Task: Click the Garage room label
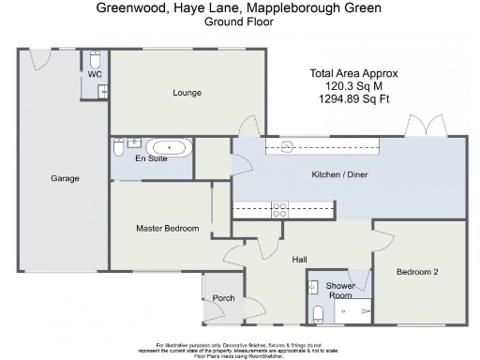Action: (65, 178)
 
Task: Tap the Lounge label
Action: (187, 92)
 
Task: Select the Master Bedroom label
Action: (167, 228)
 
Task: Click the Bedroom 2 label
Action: (417, 272)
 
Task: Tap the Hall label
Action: (299, 260)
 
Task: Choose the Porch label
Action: (223, 298)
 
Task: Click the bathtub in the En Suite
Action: (170, 147)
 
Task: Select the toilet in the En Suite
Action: (118, 148)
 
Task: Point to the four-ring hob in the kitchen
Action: (278, 210)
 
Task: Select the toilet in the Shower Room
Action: (319, 313)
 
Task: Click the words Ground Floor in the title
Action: (239, 21)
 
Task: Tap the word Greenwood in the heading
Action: (127, 7)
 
